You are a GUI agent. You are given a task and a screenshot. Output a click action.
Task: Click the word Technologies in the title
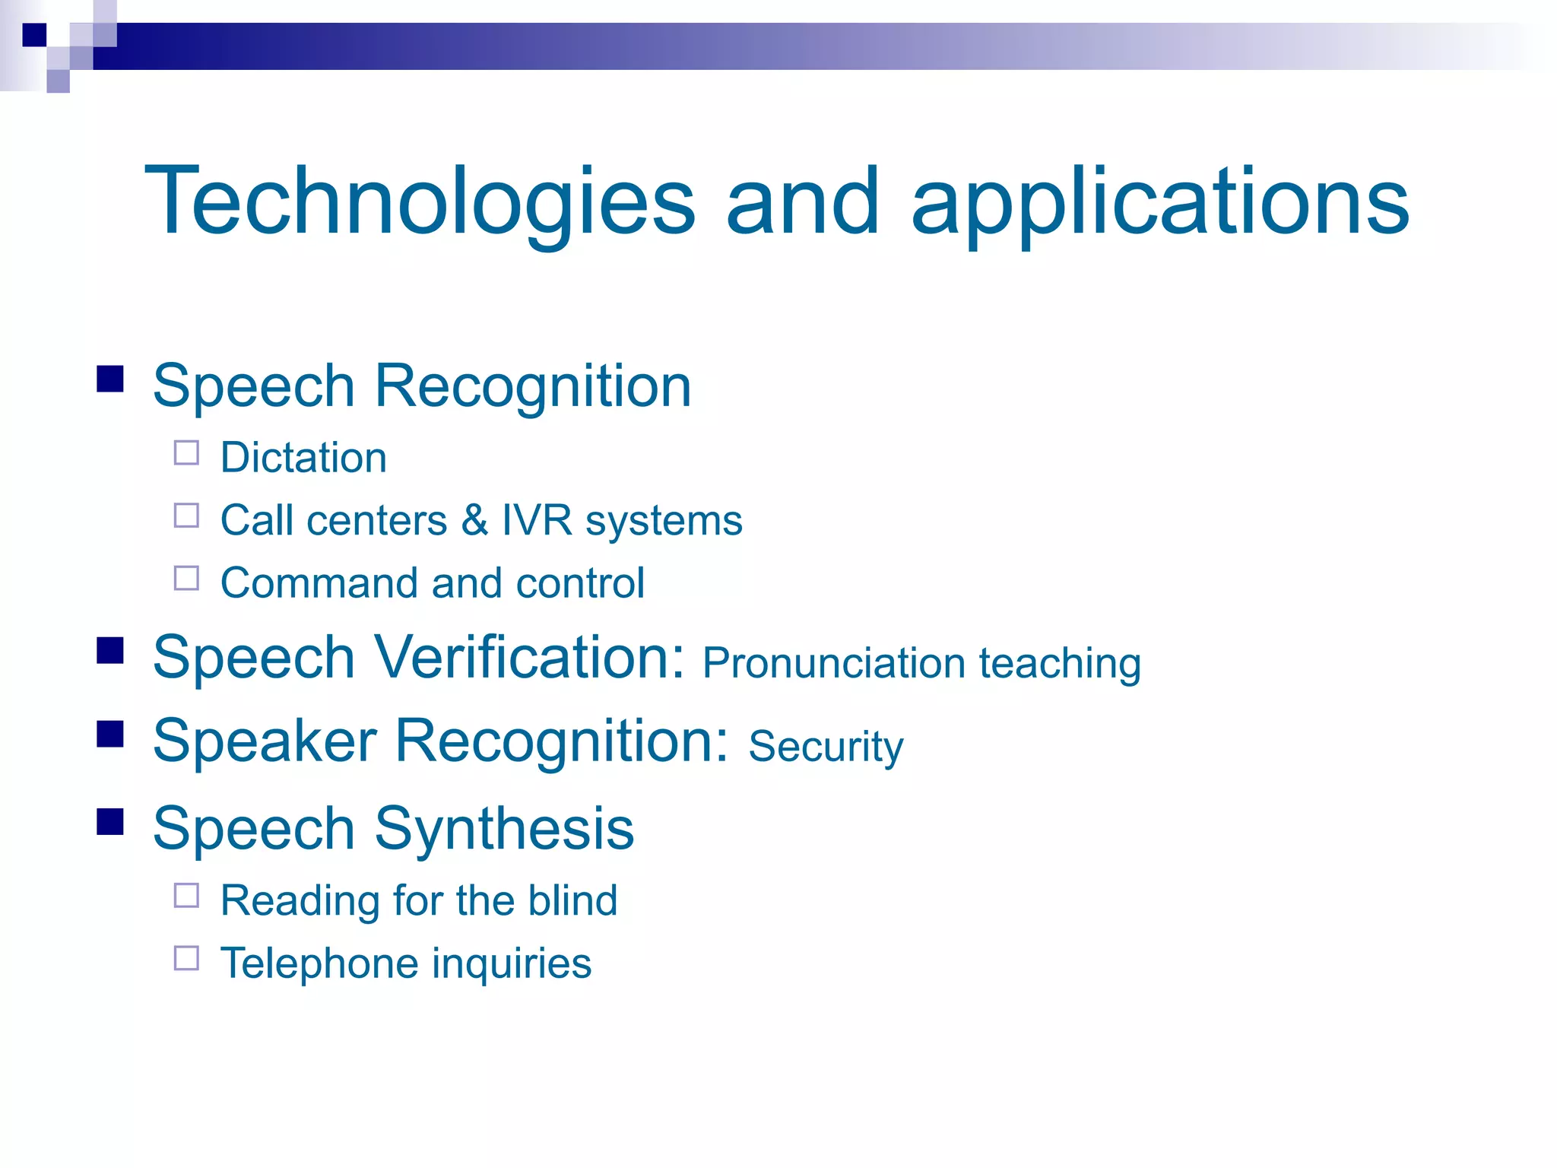coord(420,202)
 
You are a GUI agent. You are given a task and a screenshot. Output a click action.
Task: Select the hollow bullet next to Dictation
coord(186,453)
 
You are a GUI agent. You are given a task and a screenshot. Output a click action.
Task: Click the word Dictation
coord(303,458)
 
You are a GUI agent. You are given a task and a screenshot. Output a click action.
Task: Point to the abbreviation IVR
coord(536,520)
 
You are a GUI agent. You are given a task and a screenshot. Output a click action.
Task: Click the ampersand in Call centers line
coord(474,520)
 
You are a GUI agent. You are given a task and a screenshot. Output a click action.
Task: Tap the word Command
coord(319,583)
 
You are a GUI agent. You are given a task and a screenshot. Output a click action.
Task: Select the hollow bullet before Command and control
coord(186,579)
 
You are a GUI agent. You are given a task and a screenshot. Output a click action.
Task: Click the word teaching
coord(1060,663)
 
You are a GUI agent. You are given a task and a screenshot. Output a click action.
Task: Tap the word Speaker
coord(264,741)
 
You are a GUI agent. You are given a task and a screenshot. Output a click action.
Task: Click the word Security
coord(826,746)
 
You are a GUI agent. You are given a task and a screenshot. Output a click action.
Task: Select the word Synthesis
coord(504,829)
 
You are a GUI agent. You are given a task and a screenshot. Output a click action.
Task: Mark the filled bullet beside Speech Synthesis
coord(110,821)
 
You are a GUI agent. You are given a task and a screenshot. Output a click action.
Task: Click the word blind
coord(572,900)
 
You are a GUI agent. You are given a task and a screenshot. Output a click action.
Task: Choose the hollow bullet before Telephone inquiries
coord(186,958)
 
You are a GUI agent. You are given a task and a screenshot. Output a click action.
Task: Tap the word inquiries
coord(512,963)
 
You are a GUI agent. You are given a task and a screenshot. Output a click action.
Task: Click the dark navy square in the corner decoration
coord(34,34)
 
